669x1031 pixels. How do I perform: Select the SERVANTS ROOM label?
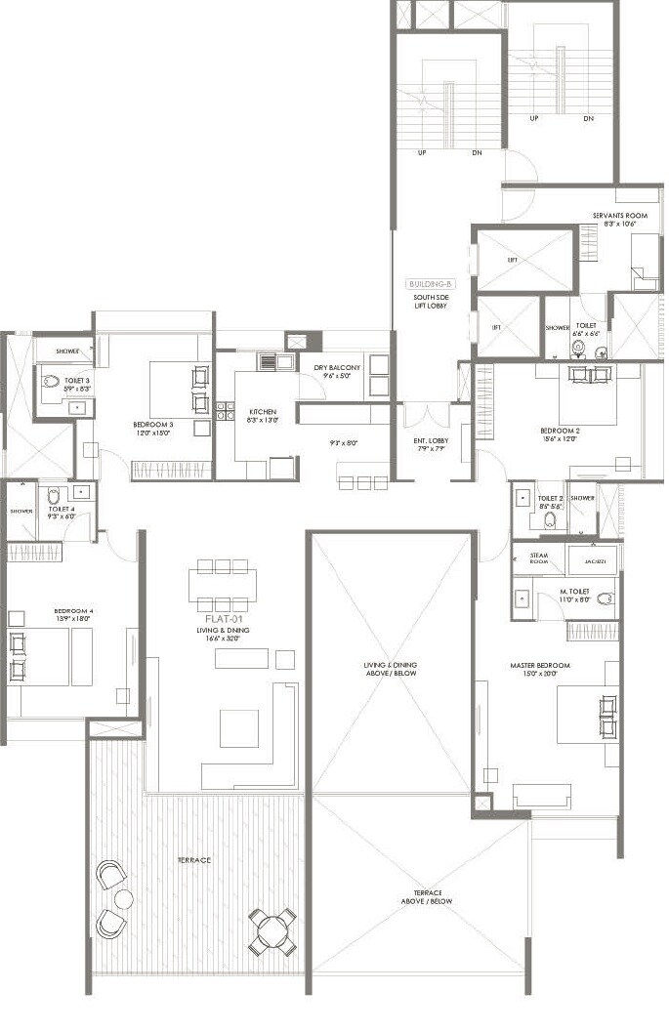(x=620, y=215)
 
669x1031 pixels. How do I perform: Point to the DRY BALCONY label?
(x=337, y=368)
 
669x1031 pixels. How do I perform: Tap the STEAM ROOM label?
(x=539, y=559)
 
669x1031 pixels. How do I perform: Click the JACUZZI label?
(x=595, y=561)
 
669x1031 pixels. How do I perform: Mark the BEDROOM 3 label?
(x=153, y=425)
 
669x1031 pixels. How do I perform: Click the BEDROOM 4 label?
(x=74, y=612)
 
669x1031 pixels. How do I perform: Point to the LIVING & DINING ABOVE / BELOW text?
(x=391, y=669)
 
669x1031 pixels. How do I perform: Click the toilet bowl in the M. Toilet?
(x=605, y=598)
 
